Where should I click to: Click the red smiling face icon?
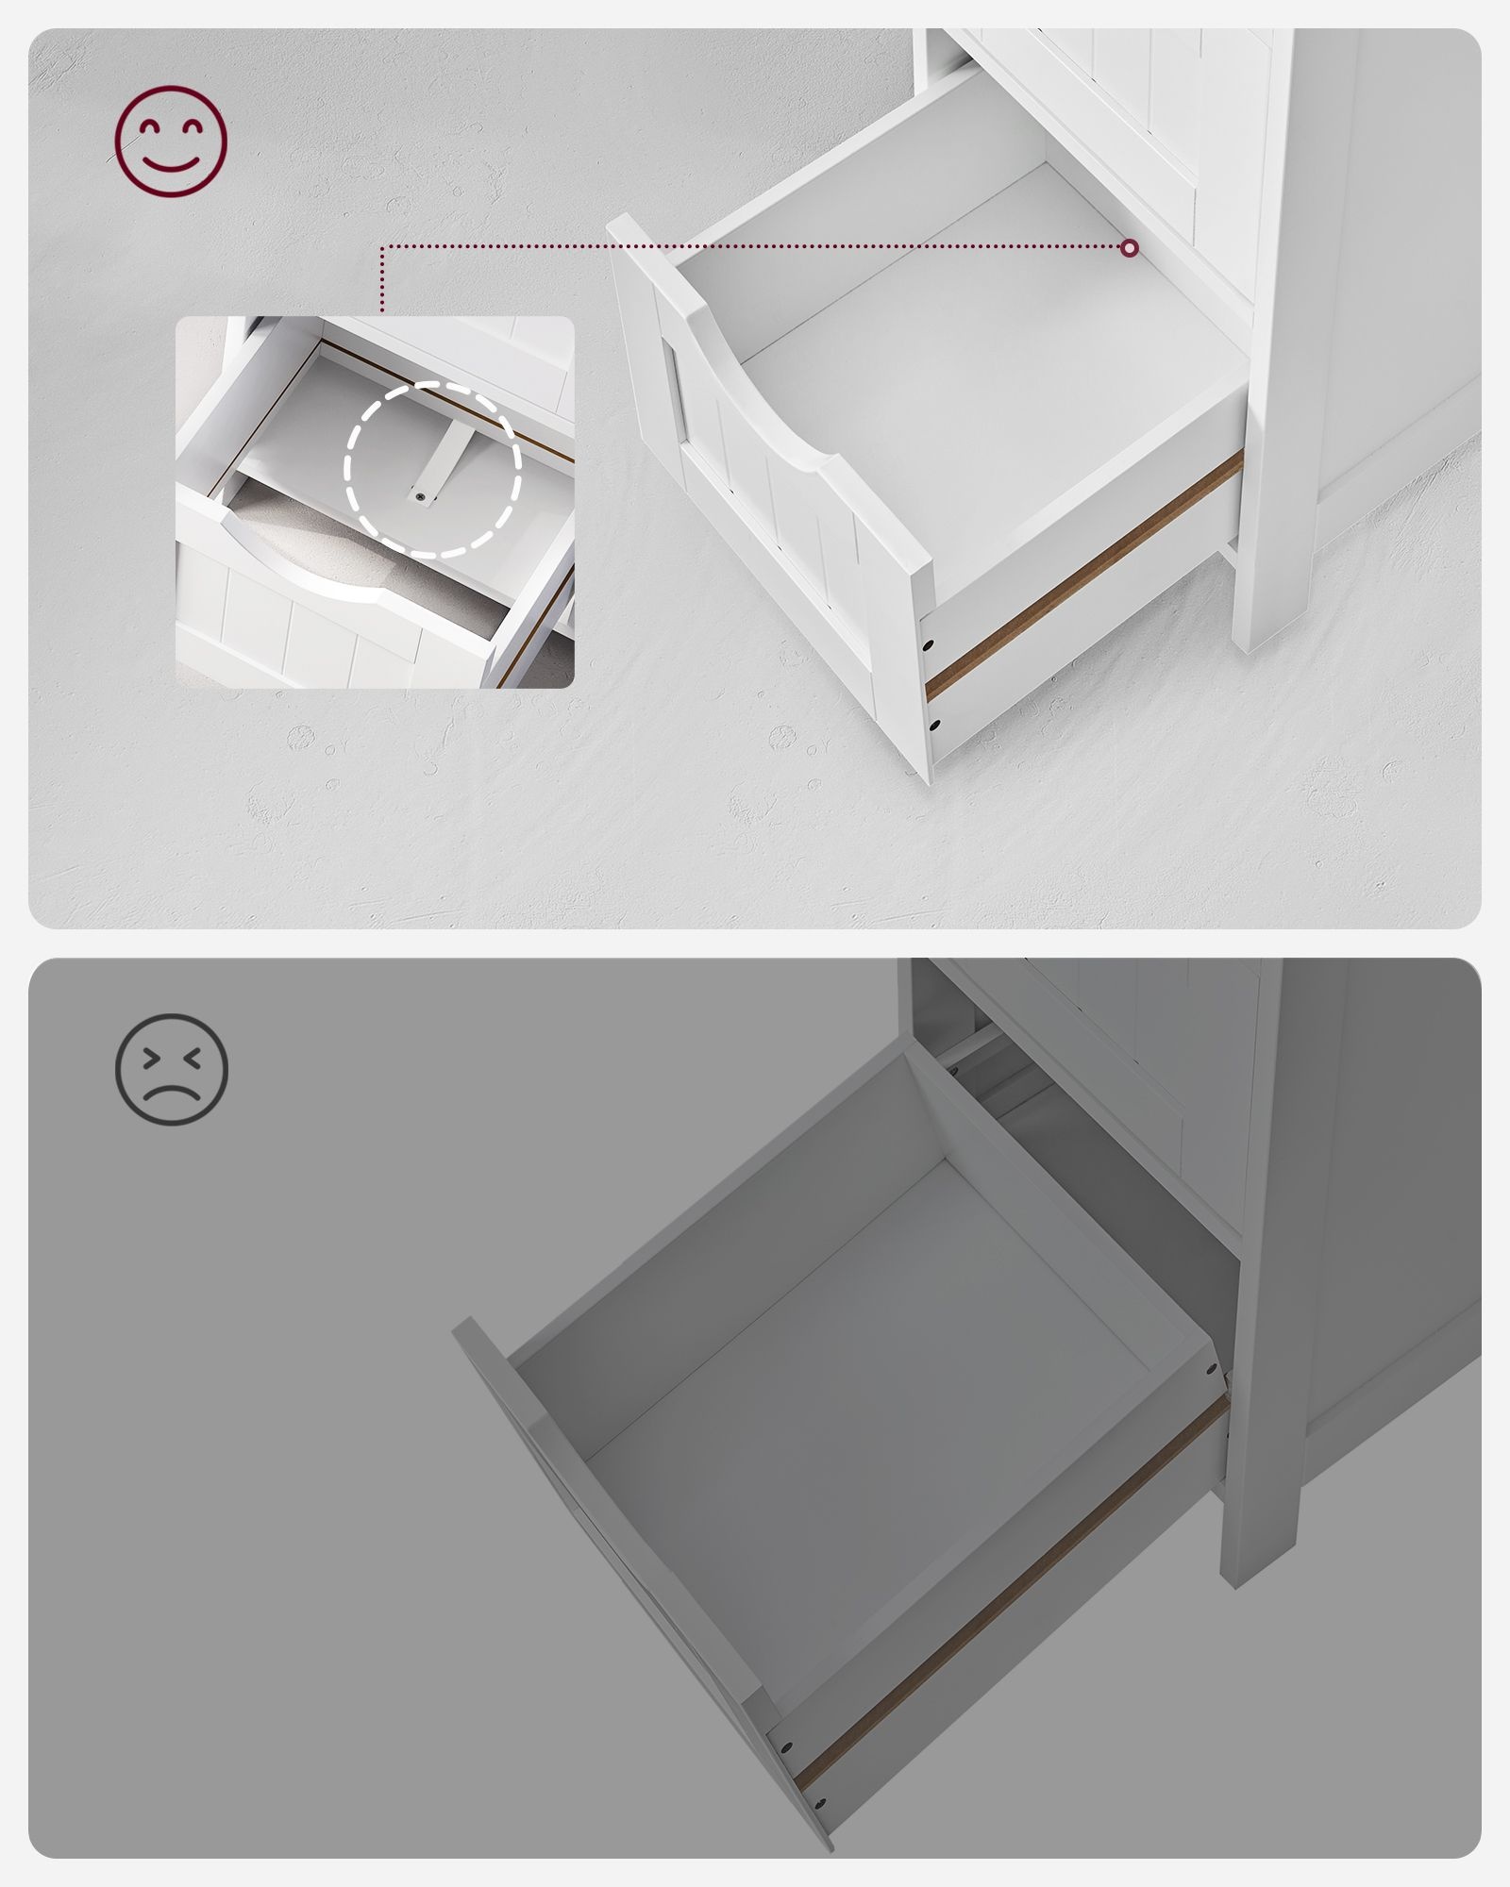(171, 142)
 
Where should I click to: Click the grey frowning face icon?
(171, 1069)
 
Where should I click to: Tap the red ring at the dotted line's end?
(1130, 248)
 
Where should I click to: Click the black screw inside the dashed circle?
(420, 494)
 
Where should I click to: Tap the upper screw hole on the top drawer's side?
(929, 647)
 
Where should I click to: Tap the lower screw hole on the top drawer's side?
(934, 726)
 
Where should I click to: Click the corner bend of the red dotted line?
(382, 248)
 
